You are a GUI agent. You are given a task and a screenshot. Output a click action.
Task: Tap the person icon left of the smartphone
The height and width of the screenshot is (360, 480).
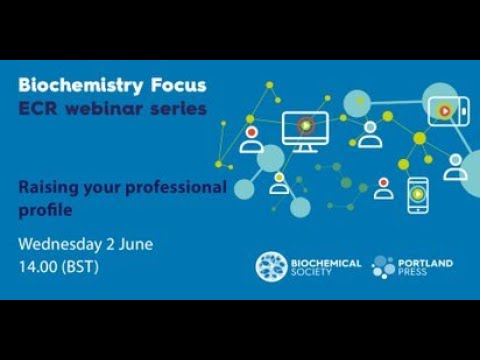(x=384, y=188)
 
